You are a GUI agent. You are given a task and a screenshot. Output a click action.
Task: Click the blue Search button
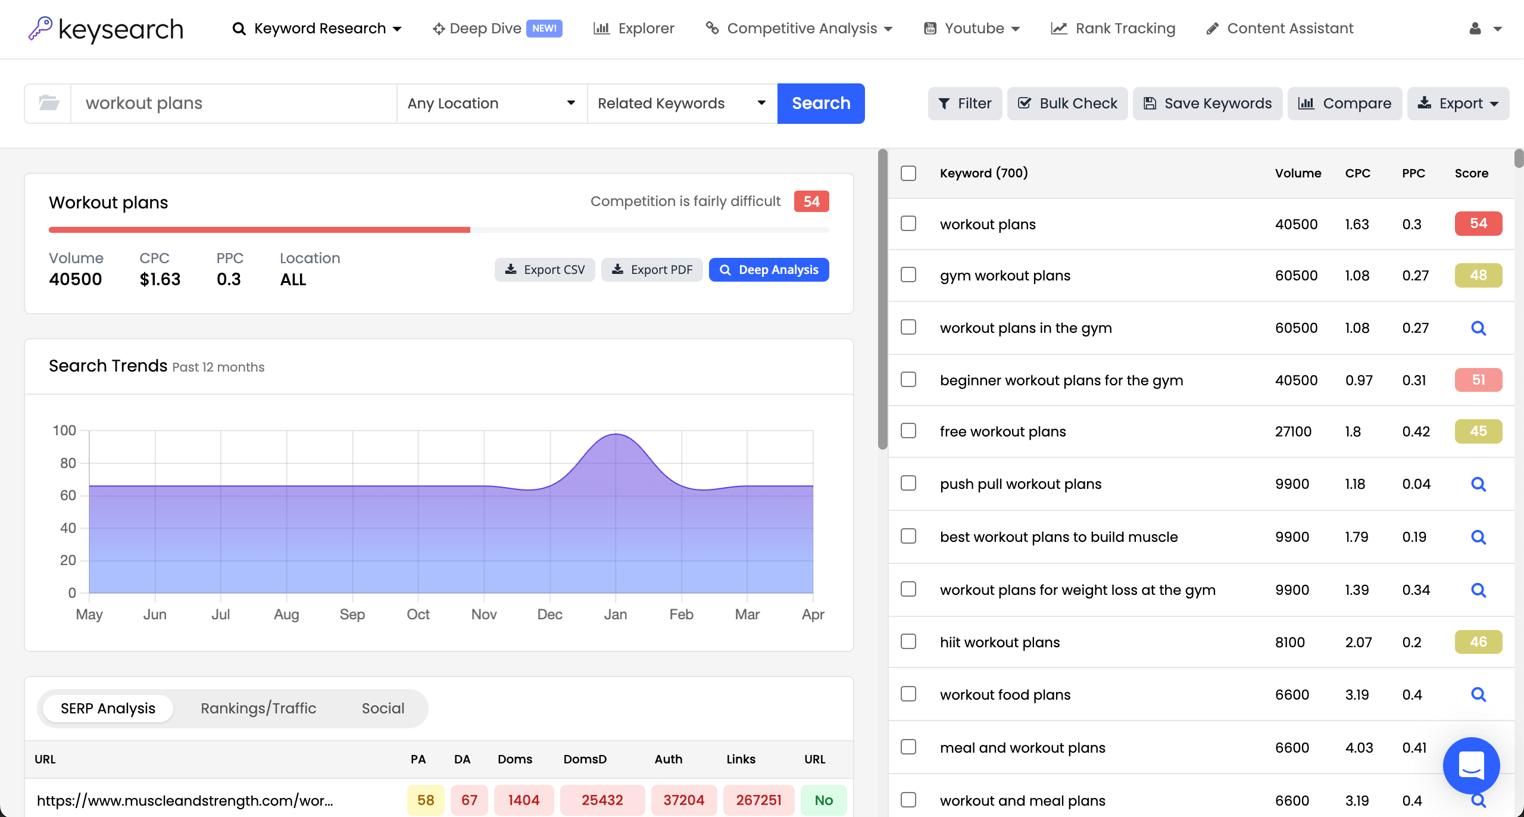[820, 104]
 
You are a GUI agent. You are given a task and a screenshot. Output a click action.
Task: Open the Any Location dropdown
[491, 104]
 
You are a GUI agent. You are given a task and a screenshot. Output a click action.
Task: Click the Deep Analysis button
[769, 270]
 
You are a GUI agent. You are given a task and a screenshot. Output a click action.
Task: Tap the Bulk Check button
[1067, 104]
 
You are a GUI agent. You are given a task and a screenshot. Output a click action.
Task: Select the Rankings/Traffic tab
[258, 708]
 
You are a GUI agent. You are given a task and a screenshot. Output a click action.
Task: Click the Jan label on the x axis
[615, 614]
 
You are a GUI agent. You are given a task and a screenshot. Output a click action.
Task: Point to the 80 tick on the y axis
[68, 463]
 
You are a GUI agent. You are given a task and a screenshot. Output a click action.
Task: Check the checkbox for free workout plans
[908, 431]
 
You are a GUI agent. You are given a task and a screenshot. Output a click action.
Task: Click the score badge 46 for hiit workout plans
[1478, 642]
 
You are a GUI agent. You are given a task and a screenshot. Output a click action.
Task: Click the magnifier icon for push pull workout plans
[1478, 484]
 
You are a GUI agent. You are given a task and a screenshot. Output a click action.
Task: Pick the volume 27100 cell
[1292, 432]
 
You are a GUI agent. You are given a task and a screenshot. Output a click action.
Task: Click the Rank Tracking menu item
[1113, 29]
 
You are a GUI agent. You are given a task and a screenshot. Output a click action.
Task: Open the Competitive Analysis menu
[799, 29]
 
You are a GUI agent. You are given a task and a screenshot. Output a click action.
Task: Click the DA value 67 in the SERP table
[469, 800]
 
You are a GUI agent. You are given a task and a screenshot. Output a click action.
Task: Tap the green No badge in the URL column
[823, 800]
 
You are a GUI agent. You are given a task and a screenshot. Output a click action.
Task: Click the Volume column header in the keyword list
[1298, 173]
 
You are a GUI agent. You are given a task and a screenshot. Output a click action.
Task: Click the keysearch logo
[106, 29]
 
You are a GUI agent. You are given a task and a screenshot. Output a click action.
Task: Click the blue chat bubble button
[1470, 765]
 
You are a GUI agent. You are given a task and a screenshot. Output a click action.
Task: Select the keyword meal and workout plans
[1022, 747]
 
